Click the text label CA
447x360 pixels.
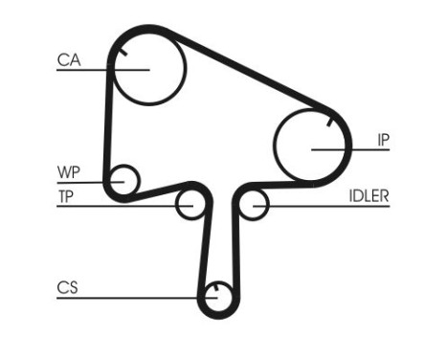coord(68,60)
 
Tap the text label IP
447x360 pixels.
coord(383,140)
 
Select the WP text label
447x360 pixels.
coord(68,172)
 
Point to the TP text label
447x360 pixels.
coord(66,196)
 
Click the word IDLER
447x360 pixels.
coord(368,196)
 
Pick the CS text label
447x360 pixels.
coord(67,287)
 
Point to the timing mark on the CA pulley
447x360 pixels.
coord(119,61)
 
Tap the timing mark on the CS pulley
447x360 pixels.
coord(218,287)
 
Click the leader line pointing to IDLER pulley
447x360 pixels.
coord(316,205)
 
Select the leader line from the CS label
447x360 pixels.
coord(134,297)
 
